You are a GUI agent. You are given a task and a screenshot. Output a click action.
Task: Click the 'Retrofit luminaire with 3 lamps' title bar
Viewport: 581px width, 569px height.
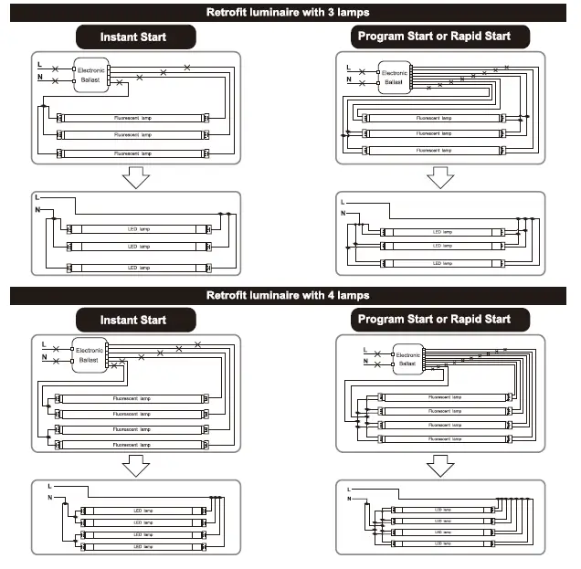click(x=290, y=13)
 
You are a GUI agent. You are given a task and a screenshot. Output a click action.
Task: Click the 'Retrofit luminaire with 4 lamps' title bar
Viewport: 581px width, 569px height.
click(x=290, y=296)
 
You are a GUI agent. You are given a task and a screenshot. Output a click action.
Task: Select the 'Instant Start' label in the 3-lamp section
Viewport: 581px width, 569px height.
click(x=134, y=37)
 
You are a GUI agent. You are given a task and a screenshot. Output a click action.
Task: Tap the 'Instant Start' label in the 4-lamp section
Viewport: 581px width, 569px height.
click(x=134, y=320)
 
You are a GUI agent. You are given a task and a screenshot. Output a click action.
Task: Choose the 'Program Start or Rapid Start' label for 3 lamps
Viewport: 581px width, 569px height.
click(x=434, y=37)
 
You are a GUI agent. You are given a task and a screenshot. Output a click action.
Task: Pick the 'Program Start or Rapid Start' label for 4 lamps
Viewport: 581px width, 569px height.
click(x=434, y=320)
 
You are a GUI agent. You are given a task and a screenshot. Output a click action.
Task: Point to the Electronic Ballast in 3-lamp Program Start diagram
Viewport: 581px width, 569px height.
click(x=394, y=77)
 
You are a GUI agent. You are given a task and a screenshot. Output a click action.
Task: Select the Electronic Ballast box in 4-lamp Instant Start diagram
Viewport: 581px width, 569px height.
click(x=90, y=355)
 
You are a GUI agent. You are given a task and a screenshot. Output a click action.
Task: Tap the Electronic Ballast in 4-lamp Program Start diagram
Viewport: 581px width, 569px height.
click(x=408, y=359)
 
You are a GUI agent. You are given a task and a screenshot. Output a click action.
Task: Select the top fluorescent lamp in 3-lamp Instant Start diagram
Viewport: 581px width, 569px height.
click(x=133, y=119)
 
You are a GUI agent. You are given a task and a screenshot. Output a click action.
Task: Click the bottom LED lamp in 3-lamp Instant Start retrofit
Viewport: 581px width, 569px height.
click(x=138, y=267)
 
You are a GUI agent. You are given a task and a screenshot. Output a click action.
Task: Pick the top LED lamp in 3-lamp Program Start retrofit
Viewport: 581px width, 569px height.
click(x=441, y=232)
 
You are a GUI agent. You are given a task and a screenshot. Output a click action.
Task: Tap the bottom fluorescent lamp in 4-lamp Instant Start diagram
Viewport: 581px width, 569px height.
click(x=133, y=445)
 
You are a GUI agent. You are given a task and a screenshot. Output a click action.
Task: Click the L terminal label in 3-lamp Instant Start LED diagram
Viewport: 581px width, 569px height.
click(x=37, y=197)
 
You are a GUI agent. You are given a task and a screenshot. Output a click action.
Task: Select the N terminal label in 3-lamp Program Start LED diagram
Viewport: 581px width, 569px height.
click(x=343, y=213)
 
